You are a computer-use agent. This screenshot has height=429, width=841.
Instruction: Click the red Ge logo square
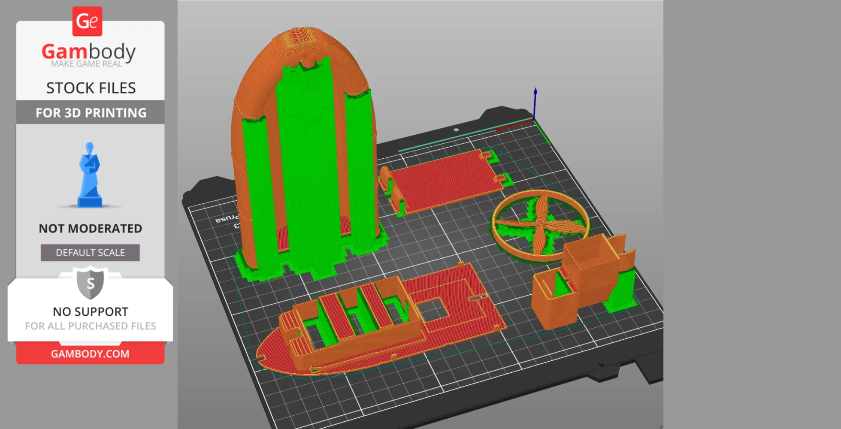87,21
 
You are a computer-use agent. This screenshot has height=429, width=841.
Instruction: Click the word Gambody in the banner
88,51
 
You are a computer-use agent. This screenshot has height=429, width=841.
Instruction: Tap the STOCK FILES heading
91,88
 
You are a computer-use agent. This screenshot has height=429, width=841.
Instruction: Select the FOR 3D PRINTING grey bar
91,112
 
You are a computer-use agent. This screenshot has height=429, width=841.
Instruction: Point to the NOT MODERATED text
91,228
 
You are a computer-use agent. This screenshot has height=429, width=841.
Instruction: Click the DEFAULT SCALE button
90,253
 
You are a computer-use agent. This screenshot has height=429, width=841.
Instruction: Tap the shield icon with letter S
90,283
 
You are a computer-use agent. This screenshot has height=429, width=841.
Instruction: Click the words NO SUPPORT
91,311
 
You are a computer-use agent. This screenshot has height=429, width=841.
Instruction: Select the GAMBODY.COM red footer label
90,354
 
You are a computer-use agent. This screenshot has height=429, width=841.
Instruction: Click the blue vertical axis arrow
535,103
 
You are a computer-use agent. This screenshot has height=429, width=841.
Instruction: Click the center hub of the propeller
541,221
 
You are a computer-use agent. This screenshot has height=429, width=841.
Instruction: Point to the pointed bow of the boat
262,356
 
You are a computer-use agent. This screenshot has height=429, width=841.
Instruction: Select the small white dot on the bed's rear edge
456,130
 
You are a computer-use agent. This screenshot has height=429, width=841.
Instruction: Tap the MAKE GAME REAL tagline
86,64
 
